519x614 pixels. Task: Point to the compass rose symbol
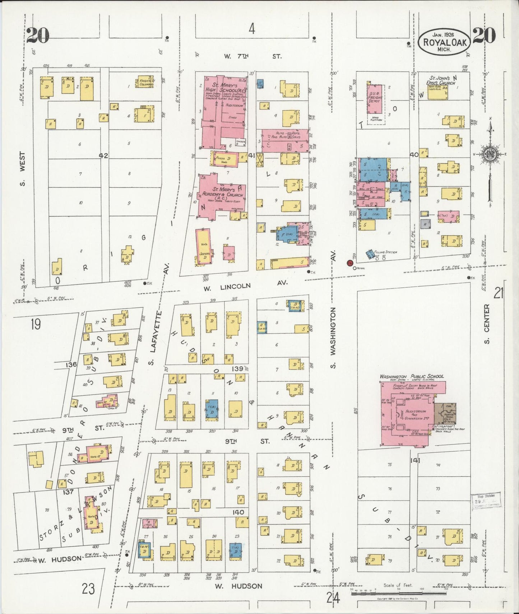[490, 154]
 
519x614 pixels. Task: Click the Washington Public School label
[412, 376]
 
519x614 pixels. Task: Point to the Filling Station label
[386, 252]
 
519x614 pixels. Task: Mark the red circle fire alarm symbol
[349, 263]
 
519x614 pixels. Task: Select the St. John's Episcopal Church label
[442, 80]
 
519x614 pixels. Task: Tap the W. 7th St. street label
[252, 56]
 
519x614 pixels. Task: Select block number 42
[104, 155]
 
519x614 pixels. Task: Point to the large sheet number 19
[36, 324]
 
